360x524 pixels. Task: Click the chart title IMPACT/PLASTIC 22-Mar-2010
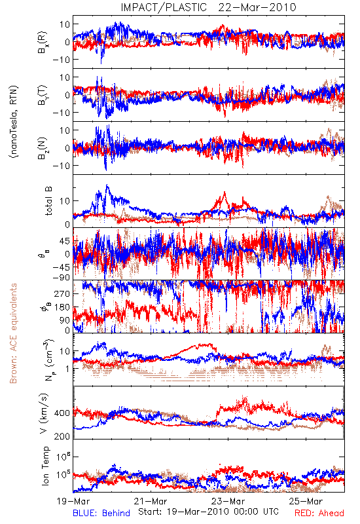point(208,7)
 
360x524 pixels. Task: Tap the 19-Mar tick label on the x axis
point(73,501)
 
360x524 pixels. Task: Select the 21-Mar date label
point(151,501)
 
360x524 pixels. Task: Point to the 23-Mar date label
point(228,501)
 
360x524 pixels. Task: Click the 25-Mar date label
point(306,501)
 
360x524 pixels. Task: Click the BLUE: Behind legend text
point(101,513)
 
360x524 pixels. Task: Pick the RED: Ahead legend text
point(319,513)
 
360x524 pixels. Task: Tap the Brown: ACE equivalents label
point(13,333)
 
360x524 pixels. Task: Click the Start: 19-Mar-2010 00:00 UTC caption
point(208,512)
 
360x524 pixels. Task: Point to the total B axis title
point(48,200)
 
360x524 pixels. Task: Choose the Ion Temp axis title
point(45,466)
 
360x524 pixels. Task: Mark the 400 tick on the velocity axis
point(62,413)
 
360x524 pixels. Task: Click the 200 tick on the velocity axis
point(62,436)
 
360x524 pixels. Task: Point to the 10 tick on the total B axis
point(65,201)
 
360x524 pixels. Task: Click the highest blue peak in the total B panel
point(107,185)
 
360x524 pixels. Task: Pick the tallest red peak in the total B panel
point(225,192)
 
